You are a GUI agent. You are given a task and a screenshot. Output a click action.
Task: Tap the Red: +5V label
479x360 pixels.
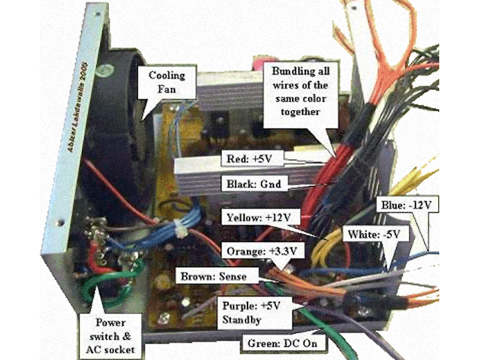pyautogui.click(x=252, y=159)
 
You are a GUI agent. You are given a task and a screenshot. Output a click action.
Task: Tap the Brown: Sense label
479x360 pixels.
pyautogui.click(x=215, y=275)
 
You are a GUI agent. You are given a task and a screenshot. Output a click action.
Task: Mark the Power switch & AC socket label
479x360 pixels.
pyautogui.click(x=109, y=329)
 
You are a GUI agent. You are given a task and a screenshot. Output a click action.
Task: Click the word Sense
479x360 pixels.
pyautogui.click(x=233, y=275)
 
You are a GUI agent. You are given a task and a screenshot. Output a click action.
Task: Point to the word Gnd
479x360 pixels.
pyautogui.click(x=269, y=184)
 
